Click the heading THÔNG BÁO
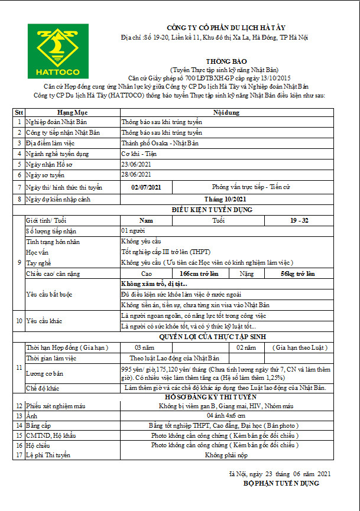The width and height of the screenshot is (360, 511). point(222,61)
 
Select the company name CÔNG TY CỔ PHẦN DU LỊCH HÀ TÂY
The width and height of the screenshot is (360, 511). point(222,27)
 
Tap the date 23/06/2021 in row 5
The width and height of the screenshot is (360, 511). point(135,164)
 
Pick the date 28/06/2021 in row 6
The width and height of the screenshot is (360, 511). point(135,175)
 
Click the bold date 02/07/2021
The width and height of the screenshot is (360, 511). point(145,187)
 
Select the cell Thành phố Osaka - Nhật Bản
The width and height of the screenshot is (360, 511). point(151,144)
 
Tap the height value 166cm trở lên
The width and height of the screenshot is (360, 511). point(199,274)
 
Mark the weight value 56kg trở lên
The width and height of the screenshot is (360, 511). point(297,274)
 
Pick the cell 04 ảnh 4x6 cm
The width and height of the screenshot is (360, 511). point(224,416)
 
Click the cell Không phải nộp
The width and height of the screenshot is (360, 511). point(224,455)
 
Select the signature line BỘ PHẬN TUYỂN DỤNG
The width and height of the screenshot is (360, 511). point(281,484)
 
